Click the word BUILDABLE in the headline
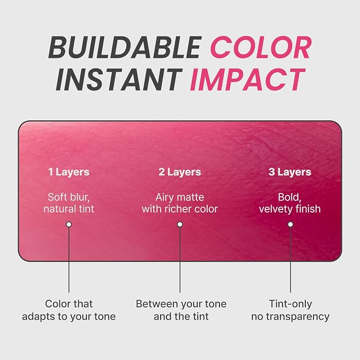click(x=125, y=48)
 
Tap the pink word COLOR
click(x=261, y=48)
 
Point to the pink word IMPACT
click(x=248, y=80)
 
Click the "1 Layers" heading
click(x=69, y=172)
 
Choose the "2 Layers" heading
click(x=180, y=172)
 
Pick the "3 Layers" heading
click(x=289, y=172)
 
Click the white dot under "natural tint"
click(x=69, y=224)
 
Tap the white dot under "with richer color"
click(x=180, y=224)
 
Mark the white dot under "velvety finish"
click(x=291, y=224)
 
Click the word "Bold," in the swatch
click(x=289, y=197)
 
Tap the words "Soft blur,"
click(x=68, y=197)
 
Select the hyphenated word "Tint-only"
click(x=291, y=304)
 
